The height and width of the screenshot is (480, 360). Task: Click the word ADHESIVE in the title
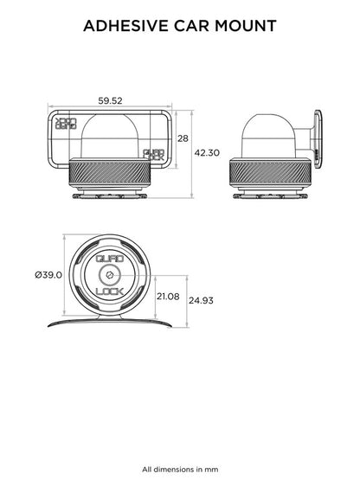point(126,26)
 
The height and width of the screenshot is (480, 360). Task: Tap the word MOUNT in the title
point(246,26)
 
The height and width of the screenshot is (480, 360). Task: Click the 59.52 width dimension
point(110,100)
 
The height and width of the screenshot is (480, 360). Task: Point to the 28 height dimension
point(183,138)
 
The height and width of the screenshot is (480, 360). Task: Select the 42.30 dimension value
point(207,153)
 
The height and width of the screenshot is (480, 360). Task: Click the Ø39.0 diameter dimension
point(48,275)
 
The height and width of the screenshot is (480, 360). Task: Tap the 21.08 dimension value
point(168,297)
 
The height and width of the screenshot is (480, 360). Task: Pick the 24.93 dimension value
point(201,301)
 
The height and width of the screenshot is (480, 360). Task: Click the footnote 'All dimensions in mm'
point(180,470)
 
